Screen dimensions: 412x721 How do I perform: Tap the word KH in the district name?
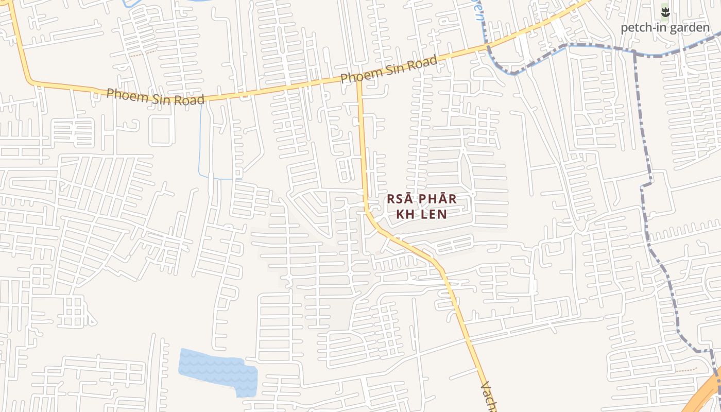[405, 214]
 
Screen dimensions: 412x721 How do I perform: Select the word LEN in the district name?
[433, 214]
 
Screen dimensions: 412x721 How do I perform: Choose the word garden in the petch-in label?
[687, 28]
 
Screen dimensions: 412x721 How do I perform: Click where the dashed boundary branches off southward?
[634, 53]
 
